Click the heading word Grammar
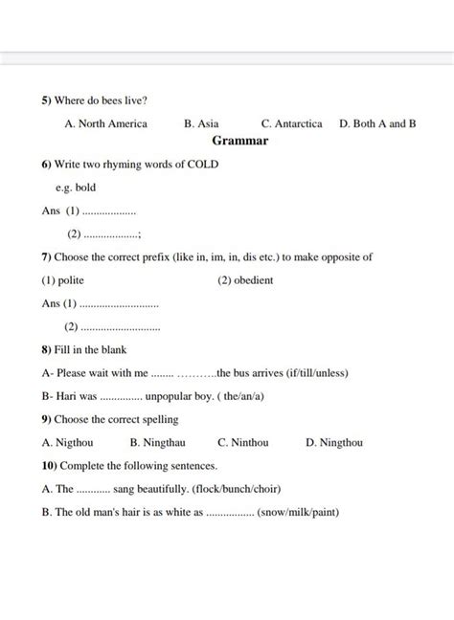coord(240,141)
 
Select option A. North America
coord(105,123)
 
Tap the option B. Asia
coord(201,123)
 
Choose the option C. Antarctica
coord(291,123)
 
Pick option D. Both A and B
coord(377,123)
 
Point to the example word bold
coord(85,188)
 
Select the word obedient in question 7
coord(254,280)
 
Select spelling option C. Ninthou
coord(243,443)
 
